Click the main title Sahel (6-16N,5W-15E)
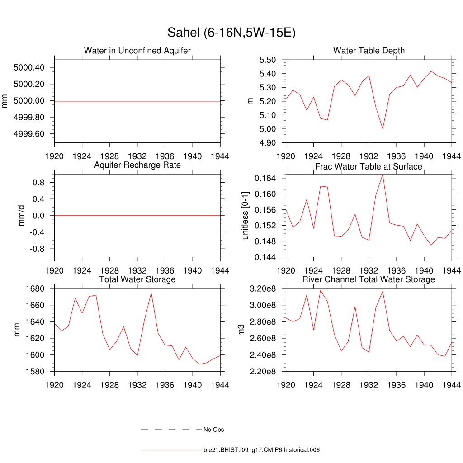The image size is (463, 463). coord(231,33)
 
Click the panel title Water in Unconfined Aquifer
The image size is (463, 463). coord(137,51)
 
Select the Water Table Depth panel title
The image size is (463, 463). coord(369,51)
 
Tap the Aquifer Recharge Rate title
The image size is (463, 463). coord(137,165)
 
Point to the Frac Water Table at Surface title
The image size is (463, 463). coord(369,166)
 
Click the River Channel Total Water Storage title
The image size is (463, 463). coord(369,279)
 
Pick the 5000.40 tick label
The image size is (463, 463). coord(29,68)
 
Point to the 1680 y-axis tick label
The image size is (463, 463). coord(35,288)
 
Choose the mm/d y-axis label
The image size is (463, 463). coord(21,216)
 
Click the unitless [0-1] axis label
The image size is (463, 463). coord(246,215)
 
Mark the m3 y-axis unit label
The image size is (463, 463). coord(241,330)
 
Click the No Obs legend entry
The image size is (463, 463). coord(213,430)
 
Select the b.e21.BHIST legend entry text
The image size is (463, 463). coord(262,450)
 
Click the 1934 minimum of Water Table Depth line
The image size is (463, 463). coord(383,129)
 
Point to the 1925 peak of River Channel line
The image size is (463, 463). coord(321,290)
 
